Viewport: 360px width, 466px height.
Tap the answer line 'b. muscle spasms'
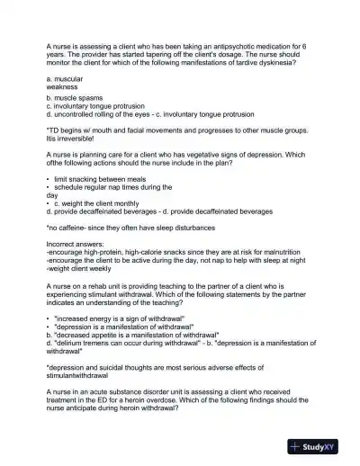point(74,98)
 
